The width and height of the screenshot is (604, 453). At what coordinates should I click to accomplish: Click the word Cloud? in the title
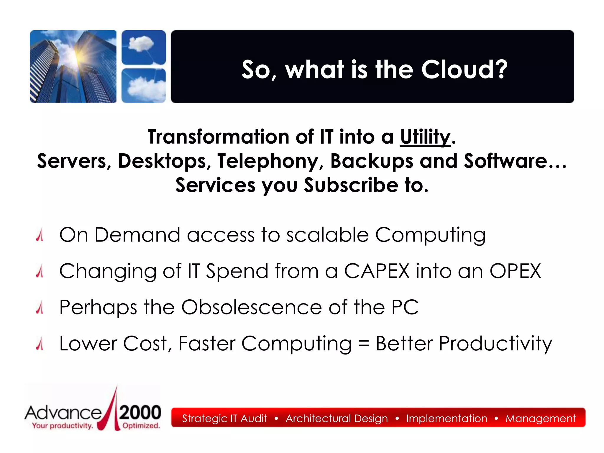[x=464, y=70]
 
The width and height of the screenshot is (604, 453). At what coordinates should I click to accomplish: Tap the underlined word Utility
[x=425, y=137]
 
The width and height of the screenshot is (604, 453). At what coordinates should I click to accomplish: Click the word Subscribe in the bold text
[x=351, y=186]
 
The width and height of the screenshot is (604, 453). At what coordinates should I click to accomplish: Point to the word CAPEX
[x=377, y=271]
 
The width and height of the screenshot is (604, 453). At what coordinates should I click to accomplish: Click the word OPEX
[x=515, y=271]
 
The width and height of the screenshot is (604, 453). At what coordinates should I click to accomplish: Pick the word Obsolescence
[x=251, y=307]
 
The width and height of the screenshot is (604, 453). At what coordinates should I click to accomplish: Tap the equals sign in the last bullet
[x=363, y=344]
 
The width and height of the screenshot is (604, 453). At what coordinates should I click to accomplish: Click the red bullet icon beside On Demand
[x=40, y=235]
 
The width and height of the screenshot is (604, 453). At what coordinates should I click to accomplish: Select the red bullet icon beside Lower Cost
[x=40, y=344]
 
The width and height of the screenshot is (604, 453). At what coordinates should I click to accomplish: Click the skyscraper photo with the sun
[x=73, y=67]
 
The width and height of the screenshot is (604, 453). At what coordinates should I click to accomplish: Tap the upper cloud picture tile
[x=144, y=47]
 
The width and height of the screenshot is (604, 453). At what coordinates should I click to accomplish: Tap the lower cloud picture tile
[x=144, y=86]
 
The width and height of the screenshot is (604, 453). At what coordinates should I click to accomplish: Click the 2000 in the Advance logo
[x=140, y=412]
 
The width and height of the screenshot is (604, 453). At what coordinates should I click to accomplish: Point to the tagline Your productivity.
[x=63, y=426]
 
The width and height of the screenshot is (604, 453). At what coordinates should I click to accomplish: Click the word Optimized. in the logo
[x=141, y=426]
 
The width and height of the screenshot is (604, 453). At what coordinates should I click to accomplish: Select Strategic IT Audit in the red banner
[x=224, y=418]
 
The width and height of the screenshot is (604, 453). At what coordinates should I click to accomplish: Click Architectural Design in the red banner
[x=337, y=418]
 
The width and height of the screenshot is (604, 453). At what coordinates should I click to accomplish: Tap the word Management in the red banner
[x=540, y=418]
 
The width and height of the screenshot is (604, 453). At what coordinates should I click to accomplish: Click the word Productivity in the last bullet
[x=495, y=344]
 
